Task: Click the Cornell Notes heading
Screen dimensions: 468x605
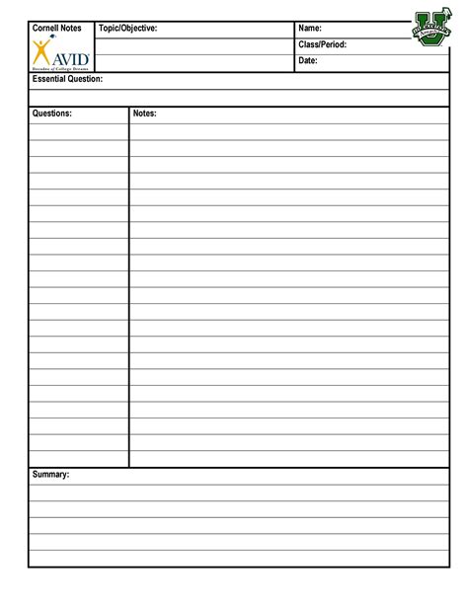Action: click(56, 29)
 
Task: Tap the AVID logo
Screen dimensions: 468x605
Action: click(60, 55)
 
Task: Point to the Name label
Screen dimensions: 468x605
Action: click(310, 29)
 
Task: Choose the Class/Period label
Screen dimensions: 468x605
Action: click(322, 45)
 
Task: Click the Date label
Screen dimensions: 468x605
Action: click(309, 62)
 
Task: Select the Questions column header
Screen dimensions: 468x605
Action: click(52, 114)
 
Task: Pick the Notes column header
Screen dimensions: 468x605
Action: click(144, 114)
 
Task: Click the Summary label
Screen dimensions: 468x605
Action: click(50, 475)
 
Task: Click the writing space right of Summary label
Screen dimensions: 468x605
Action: click(257, 475)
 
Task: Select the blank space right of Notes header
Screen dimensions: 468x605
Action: click(296, 114)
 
